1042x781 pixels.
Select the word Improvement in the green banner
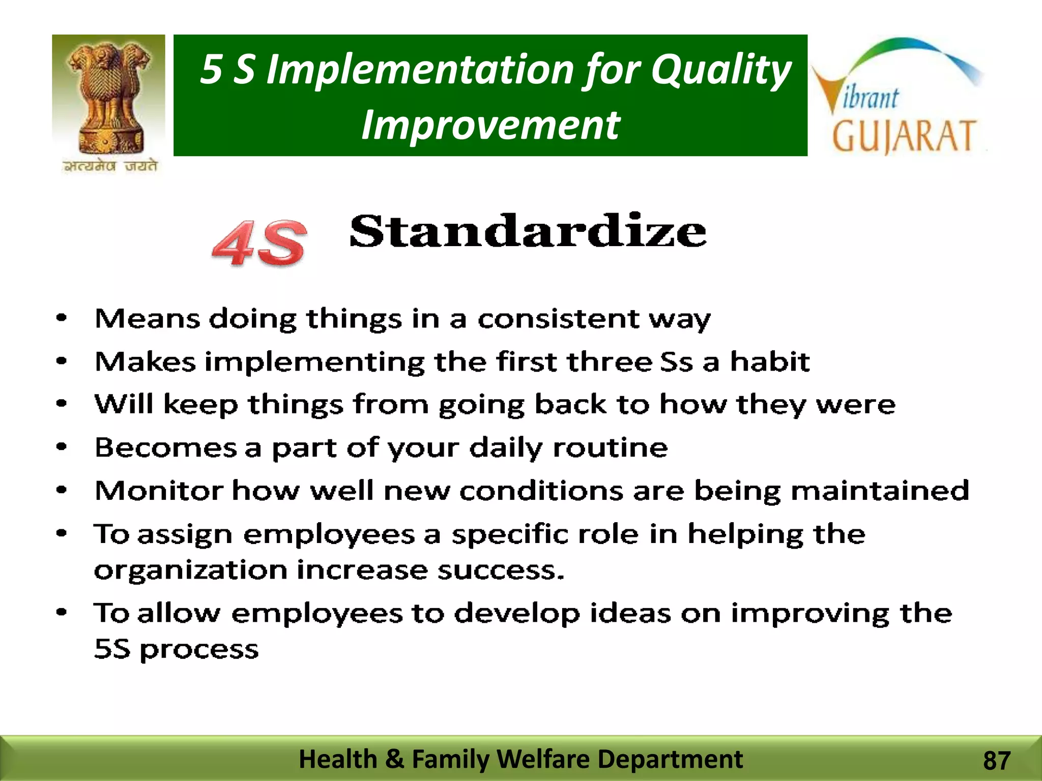(x=490, y=125)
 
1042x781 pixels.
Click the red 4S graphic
(x=259, y=243)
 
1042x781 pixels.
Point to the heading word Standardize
(x=528, y=232)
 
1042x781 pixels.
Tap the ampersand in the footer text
(x=394, y=759)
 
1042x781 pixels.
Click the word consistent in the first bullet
(x=558, y=319)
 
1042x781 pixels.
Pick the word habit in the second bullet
(x=769, y=362)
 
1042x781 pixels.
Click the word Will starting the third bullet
(x=124, y=404)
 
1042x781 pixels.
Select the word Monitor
(x=159, y=491)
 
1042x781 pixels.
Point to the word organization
(x=191, y=570)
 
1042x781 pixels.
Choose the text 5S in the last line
(x=112, y=649)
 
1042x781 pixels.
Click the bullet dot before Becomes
(x=62, y=447)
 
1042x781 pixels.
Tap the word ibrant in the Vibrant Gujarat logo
(x=871, y=98)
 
